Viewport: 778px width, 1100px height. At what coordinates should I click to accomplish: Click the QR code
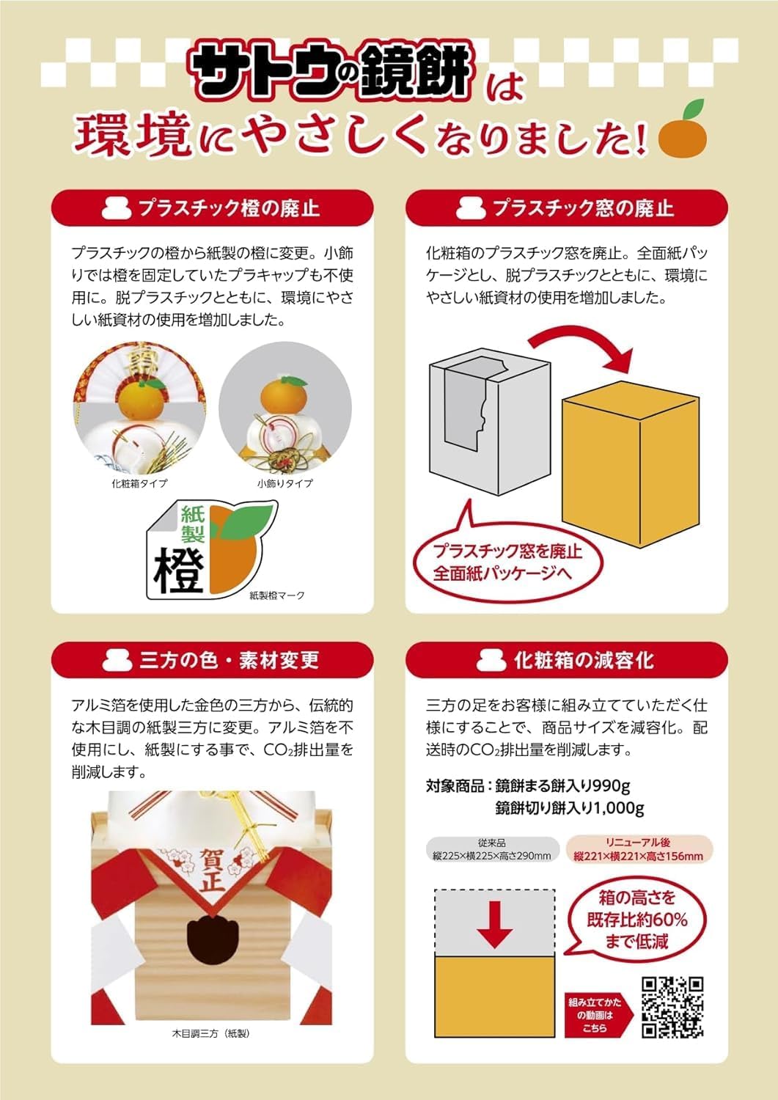point(672,1007)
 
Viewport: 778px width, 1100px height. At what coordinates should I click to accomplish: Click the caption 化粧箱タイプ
point(139,483)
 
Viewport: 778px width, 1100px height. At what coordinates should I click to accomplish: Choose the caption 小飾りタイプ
point(285,483)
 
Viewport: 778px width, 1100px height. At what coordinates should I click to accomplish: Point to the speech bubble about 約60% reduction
point(636,920)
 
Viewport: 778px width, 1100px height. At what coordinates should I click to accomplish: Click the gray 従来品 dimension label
point(491,850)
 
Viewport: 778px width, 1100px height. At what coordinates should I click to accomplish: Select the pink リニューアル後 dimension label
point(638,850)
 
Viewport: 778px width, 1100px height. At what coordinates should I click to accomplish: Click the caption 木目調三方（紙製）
point(210,1033)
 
